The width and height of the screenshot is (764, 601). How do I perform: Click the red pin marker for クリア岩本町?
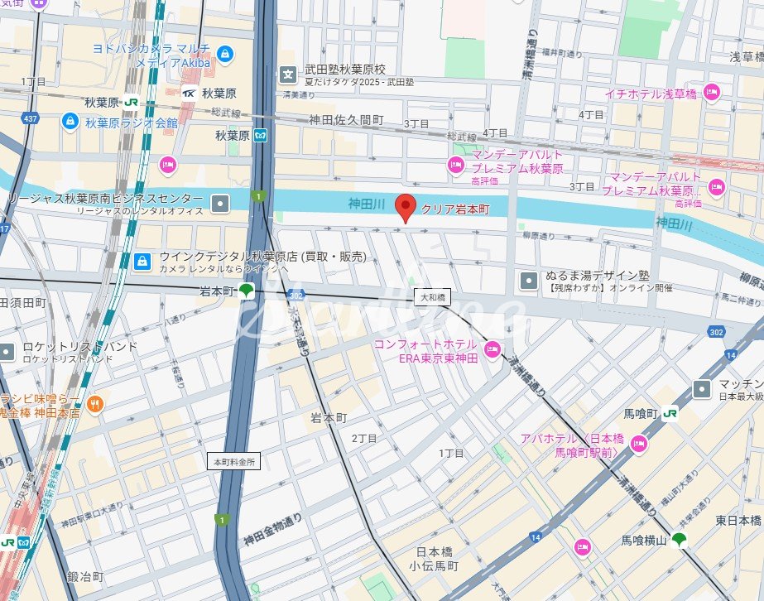(x=405, y=207)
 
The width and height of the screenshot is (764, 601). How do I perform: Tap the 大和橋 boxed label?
(x=432, y=296)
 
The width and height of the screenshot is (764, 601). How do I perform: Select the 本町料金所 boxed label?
(x=233, y=461)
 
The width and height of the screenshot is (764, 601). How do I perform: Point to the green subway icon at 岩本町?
(x=247, y=291)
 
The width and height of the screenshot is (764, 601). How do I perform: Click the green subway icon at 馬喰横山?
(x=680, y=541)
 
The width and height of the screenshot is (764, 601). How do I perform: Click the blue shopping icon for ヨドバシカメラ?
(x=225, y=55)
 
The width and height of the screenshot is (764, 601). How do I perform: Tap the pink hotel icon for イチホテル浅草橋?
(x=711, y=93)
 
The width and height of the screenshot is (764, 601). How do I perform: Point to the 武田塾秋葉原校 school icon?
(x=288, y=75)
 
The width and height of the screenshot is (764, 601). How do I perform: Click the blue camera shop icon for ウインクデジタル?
(x=142, y=262)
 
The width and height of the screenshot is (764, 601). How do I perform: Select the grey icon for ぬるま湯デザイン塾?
(x=528, y=281)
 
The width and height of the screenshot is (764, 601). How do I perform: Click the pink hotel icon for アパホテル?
(x=638, y=445)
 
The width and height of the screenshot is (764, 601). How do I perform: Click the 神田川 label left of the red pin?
(x=367, y=203)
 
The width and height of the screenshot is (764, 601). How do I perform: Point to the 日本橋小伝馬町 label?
(x=436, y=559)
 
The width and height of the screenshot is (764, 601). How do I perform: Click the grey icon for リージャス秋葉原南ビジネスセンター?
(x=221, y=203)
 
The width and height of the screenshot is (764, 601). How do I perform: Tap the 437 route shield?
(x=31, y=119)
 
